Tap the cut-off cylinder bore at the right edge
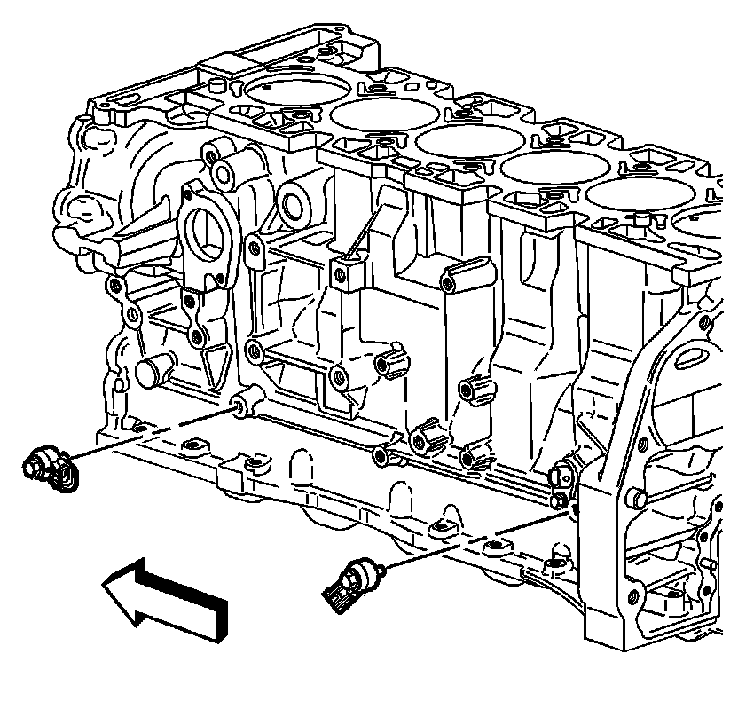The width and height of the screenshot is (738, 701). (710, 222)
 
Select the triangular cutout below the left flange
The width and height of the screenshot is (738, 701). (214, 365)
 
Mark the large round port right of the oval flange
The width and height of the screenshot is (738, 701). (294, 203)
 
